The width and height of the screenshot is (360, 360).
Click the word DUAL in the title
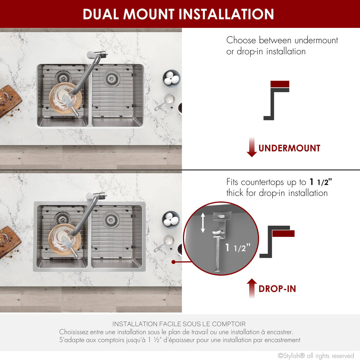(101, 14)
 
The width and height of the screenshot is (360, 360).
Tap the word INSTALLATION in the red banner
(226, 14)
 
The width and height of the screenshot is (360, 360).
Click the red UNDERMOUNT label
(289, 148)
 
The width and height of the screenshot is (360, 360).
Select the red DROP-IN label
(277, 289)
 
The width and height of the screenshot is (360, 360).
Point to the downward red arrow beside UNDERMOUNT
(252, 147)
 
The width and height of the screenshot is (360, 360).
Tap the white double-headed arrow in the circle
(203, 223)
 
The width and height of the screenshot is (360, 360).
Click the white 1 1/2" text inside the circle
(238, 248)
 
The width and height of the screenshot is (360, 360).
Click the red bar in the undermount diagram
(280, 84)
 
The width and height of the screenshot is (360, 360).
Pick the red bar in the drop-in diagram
(283, 233)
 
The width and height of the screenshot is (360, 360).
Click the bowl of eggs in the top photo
(171, 79)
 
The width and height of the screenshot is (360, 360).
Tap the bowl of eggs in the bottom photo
(171, 220)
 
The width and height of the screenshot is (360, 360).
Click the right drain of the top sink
(111, 79)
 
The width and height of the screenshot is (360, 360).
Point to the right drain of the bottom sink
(111, 220)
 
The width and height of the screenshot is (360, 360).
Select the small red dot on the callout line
(173, 262)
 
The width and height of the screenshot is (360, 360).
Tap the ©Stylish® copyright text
(316, 356)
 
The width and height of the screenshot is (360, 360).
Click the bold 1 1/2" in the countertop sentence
(321, 182)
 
